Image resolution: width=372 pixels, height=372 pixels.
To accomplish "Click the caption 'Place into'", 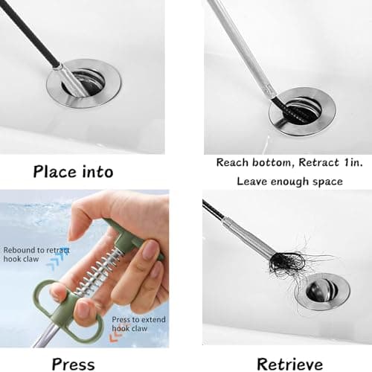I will click(73, 171).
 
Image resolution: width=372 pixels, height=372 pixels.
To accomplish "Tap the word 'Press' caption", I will click(72, 364).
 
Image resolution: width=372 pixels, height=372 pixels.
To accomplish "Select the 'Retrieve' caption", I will click(289, 364).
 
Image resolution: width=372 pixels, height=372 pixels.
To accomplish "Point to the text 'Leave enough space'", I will click(289, 181).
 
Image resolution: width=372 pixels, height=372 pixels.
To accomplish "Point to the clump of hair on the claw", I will click(286, 262).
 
